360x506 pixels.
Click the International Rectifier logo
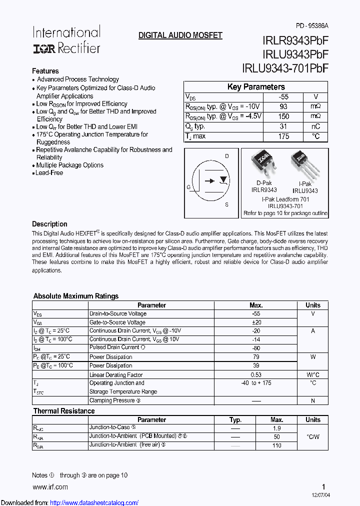click(x=66, y=40)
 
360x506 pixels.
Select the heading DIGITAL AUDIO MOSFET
click(x=180, y=35)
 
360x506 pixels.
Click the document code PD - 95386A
click(x=312, y=26)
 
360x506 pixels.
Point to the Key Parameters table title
click(x=255, y=87)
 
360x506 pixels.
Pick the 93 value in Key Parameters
click(x=283, y=106)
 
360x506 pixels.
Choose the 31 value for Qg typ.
click(x=283, y=126)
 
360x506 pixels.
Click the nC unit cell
click(x=315, y=126)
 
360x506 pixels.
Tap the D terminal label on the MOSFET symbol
click(x=226, y=156)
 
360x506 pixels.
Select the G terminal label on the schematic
click(x=188, y=187)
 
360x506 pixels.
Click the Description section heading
click(x=49, y=224)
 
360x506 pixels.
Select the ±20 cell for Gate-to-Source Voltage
click(x=256, y=322)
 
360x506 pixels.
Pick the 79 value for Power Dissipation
click(x=256, y=356)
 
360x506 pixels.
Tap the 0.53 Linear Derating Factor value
click(x=256, y=374)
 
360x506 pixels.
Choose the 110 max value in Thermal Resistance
click(x=276, y=445)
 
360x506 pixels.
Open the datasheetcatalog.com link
click(x=94, y=502)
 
